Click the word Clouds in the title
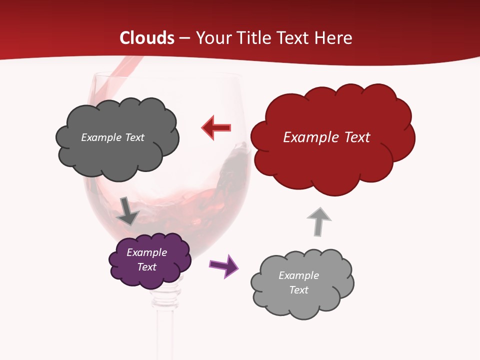[147, 38]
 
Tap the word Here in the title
[334, 38]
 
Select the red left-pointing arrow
[216, 127]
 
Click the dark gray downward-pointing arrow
[127, 211]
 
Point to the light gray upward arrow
[318, 221]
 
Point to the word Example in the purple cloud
[146, 252]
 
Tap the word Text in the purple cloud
[146, 267]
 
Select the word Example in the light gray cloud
[298, 275]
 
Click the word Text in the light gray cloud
[298, 290]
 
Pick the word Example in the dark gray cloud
[101, 137]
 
